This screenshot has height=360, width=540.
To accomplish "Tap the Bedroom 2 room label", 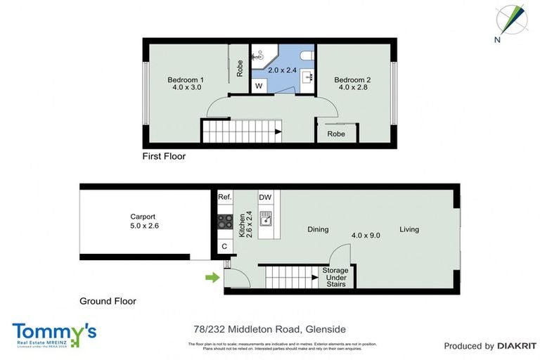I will point(352,79).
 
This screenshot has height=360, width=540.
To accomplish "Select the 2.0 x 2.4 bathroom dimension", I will point(281,70).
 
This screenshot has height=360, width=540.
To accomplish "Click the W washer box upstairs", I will point(259,86).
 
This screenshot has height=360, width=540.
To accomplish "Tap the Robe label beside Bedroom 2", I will point(336,134).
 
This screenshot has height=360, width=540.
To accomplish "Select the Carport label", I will point(142,217).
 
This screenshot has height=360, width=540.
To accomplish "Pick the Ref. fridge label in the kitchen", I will point(224,198).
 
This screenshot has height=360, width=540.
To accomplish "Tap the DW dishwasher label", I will point(265,198).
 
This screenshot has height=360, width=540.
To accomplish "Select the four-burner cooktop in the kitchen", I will point(225,222).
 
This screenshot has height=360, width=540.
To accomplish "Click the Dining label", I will point(318,229).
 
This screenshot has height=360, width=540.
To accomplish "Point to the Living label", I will point(409,229).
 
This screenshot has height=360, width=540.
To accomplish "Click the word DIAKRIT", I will point(517,346).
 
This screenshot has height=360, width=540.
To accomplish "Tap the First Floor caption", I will point(164,156).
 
